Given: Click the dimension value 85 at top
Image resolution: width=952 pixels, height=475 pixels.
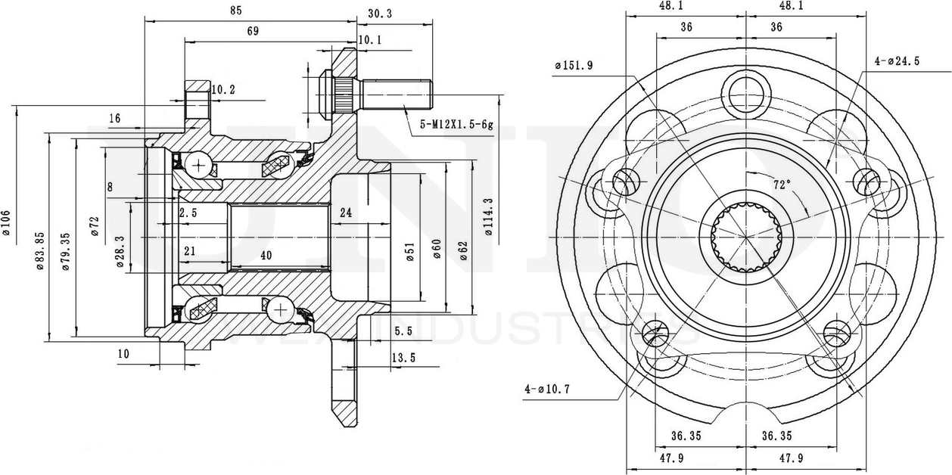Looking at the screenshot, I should click(x=235, y=11).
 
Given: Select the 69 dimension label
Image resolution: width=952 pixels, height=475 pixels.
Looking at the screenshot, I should click(x=253, y=31).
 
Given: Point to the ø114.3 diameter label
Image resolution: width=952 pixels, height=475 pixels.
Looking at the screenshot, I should click(x=489, y=218).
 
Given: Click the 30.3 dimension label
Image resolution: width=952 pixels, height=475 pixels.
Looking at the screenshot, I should click(x=379, y=14).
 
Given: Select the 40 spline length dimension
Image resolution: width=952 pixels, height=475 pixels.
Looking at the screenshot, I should click(x=266, y=256).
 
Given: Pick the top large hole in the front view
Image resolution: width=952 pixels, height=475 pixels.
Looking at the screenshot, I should click(x=745, y=93).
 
